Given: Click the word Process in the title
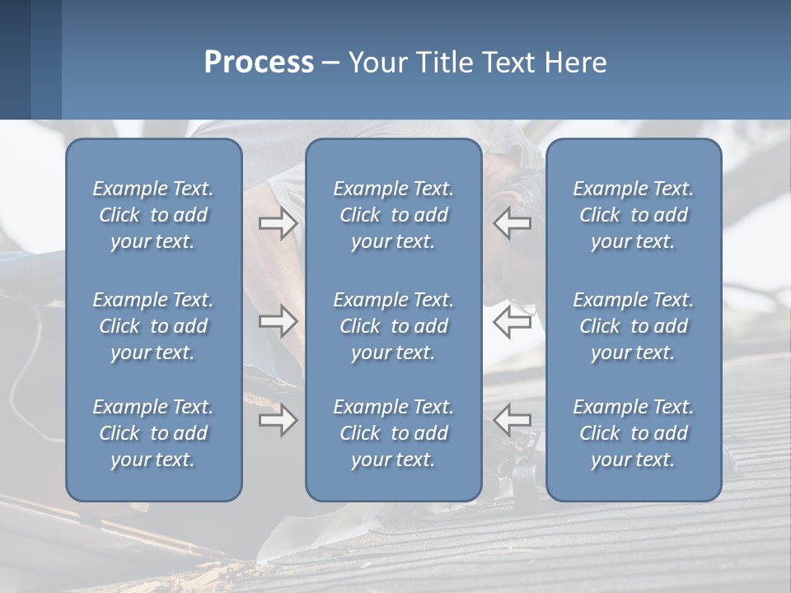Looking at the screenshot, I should (x=259, y=63).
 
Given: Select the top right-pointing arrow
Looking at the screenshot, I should (x=278, y=223).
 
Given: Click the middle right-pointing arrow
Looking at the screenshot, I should (x=278, y=321).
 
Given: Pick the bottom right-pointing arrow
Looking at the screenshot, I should (x=278, y=421).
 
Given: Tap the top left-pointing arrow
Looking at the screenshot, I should (x=513, y=223).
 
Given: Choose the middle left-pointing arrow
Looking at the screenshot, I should (x=513, y=321).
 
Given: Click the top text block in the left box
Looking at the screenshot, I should (x=153, y=215).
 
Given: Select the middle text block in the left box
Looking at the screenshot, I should (x=153, y=326).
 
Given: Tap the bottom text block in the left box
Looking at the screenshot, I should (x=153, y=433).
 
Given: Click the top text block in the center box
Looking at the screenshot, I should (x=393, y=215).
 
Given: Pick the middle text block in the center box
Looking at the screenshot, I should (x=393, y=326).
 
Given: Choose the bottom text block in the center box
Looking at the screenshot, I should (x=393, y=433).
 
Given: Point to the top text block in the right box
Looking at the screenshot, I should (x=633, y=215).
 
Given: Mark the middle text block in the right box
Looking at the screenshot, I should (x=633, y=326).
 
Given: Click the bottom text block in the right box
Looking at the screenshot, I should (x=633, y=433).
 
